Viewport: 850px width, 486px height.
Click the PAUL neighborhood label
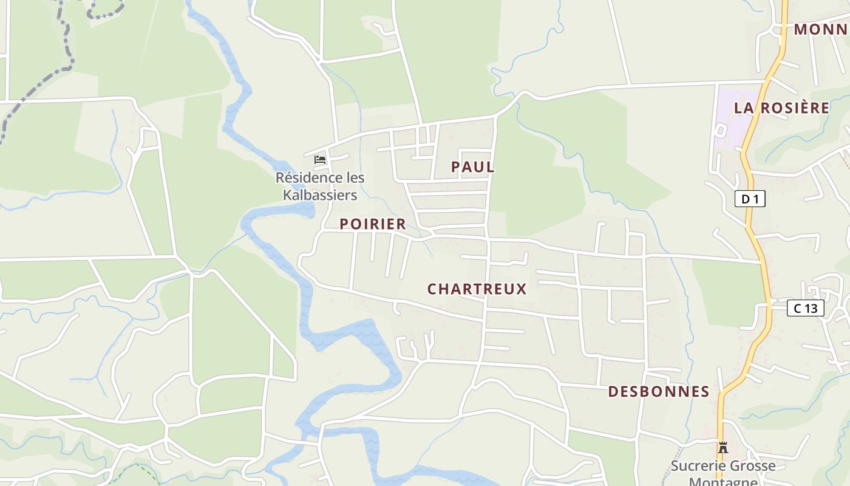click(472, 167)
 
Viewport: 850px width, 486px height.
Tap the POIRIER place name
click(372, 224)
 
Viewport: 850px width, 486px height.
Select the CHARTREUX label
click(477, 289)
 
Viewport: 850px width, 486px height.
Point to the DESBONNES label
click(659, 392)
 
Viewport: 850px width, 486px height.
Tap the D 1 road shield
click(750, 199)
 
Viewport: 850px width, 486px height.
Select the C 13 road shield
click(805, 308)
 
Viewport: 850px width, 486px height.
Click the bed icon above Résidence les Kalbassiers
click(320, 160)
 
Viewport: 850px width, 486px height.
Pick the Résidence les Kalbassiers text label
click(320, 187)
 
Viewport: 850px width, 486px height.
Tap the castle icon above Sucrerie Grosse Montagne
click(722, 448)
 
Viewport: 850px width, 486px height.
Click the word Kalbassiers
click(320, 196)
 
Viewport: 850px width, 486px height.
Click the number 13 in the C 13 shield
click(811, 308)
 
